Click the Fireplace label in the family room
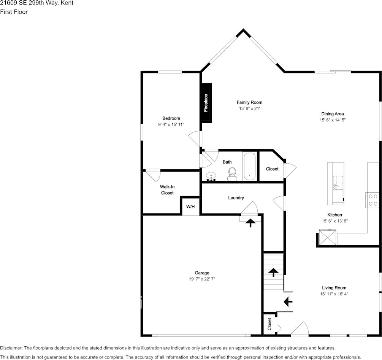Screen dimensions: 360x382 tap(206, 103)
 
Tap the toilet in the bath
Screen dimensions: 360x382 tap(232, 175)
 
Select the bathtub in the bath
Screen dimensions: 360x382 tap(250, 166)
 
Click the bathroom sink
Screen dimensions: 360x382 tap(211, 176)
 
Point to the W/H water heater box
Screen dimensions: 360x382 tap(190, 207)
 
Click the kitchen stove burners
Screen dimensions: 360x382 tap(372, 200)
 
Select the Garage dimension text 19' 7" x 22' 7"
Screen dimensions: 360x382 tap(202, 279)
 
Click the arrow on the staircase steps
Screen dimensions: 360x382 tap(273, 272)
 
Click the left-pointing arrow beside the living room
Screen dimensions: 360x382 tap(288, 301)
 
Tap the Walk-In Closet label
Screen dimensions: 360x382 tap(167, 190)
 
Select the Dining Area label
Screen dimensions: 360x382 tap(333, 114)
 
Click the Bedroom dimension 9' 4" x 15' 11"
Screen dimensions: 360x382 tap(171, 124)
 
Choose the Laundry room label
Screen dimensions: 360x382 tap(236, 198)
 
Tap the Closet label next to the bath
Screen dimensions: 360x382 tap(272, 169)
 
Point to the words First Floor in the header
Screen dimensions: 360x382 tap(14, 12)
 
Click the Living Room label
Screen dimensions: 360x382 tap(334, 288)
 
